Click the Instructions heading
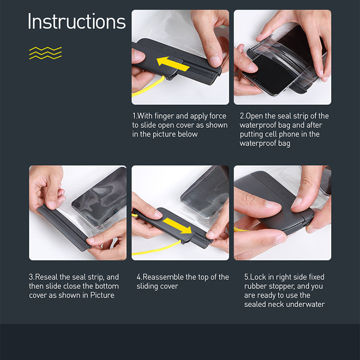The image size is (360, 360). point(77,21)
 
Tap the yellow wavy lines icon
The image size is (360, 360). point(46,53)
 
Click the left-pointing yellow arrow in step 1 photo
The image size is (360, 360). point(173,64)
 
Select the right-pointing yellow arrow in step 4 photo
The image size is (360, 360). point(177,226)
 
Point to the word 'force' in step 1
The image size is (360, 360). point(217,116)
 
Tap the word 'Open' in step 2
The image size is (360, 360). point(254,116)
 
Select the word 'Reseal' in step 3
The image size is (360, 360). point(47,277)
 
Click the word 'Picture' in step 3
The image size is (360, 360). point(102,295)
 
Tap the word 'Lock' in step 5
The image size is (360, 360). point(258,277)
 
